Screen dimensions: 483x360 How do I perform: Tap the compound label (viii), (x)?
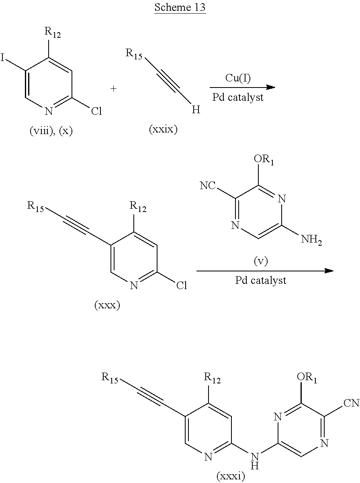[x=51, y=131]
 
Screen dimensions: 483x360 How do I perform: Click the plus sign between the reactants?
[x=114, y=89]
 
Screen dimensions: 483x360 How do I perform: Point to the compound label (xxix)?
[x=163, y=130]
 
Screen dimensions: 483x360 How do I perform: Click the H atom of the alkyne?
[x=196, y=110]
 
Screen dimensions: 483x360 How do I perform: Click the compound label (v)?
[x=260, y=261]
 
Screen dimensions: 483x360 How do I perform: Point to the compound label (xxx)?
[x=107, y=306]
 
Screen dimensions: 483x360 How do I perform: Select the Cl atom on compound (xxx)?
[x=181, y=285]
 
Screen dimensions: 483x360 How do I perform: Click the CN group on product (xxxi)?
[x=352, y=403]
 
